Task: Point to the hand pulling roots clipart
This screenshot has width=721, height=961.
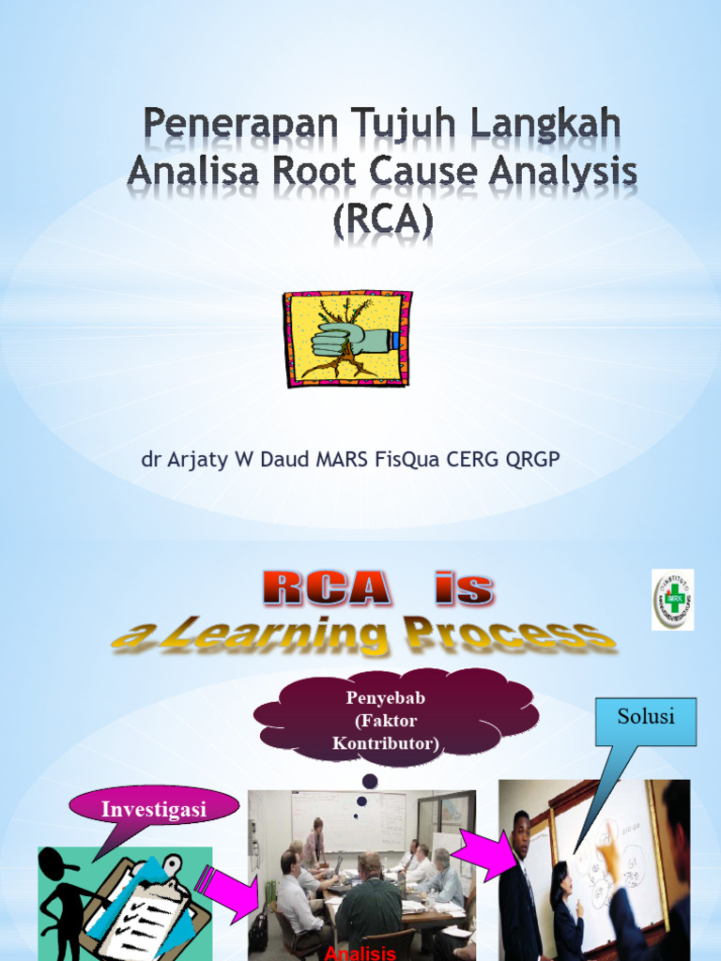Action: pyautogui.click(x=347, y=339)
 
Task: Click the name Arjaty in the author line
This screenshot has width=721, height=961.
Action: pyautogui.click(x=200, y=460)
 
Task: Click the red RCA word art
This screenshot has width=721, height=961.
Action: pyautogui.click(x=326, y=588)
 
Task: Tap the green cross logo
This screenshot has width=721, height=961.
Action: pyautogui.click(x=673, y=599)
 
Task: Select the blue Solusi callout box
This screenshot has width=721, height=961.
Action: pyautogui.click(x=647, y=720)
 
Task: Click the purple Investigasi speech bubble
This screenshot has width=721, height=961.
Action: pyautogui.click(x=153, y=809)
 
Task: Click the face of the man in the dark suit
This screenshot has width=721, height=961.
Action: pyautogui.click(x=522, y=831)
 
